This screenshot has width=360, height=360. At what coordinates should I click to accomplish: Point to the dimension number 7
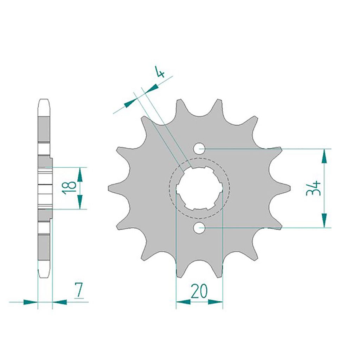[79, 290]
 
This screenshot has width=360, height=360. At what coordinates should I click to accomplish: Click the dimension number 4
[160, 72]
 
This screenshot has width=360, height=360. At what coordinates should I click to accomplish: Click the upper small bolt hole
[199, 149]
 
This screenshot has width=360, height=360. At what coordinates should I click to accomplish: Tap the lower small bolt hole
[199, 228]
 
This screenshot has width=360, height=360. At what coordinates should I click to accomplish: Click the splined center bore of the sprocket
[199, 188]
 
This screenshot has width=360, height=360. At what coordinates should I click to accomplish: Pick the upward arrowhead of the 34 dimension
[324, 156]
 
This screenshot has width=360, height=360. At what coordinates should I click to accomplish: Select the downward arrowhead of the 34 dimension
[324, 220]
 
